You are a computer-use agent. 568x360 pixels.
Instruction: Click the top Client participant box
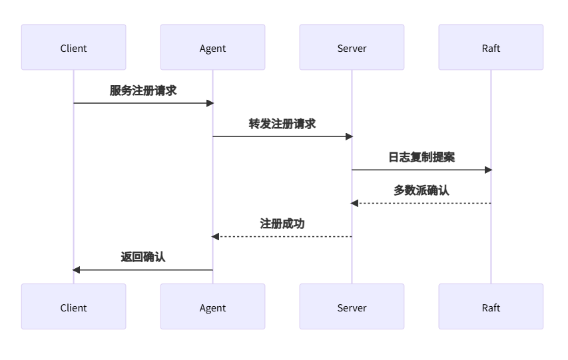[x=73, y=48]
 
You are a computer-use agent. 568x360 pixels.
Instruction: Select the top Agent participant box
[x=212, y=48]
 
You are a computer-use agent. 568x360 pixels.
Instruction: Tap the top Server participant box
[x=352, y=48]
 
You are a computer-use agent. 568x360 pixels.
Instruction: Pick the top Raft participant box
[x=491, y=48]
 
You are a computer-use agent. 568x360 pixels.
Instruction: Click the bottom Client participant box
[x=73, y=307]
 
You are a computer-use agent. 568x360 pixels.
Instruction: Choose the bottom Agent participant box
[x=212, y=307]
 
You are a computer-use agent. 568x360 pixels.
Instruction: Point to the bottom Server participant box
[x=352, y=307]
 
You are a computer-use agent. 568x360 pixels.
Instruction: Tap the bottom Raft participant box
[x=491, y=307]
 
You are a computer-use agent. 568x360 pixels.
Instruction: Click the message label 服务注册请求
[x=143, y=90]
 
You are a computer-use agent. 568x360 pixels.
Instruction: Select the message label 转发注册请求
[x=282, y=124]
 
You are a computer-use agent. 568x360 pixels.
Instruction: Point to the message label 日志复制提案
[x=422, y=157]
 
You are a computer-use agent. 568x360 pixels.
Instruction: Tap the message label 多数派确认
[x=422, y=190]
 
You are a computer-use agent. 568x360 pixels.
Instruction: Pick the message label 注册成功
[x=282, y=224]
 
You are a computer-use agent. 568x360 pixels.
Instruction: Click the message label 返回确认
[x=143, y=257]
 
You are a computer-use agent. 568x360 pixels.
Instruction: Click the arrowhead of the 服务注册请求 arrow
[x=210, y=103]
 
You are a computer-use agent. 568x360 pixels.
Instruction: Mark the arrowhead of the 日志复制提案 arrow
[x=488, y=170]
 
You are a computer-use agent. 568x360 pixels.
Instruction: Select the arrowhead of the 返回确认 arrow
[x=77, y=270]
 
